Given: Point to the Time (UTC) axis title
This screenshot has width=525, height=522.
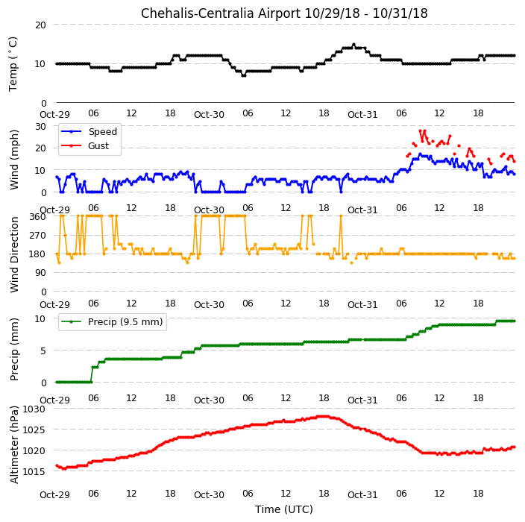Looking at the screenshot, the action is (284, 509).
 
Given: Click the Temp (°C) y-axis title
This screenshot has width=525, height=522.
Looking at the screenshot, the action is (13, 64).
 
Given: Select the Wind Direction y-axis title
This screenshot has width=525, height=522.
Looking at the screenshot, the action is (14, 254).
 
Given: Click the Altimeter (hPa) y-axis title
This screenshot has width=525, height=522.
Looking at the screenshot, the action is (13, 444).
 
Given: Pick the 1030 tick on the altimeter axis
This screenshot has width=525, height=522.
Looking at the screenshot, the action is (34, 409).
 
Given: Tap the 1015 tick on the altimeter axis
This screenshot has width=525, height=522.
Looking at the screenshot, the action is (34, 471).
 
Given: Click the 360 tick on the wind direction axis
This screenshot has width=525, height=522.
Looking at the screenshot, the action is (37, 217).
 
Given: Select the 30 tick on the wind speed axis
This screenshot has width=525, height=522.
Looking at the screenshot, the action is (40, 127).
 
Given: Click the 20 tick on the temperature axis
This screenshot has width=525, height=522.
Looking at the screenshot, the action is (40, 25).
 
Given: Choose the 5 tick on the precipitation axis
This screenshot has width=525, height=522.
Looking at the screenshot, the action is (43, 351).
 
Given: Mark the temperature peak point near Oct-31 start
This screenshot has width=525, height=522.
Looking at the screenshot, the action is (353, 45).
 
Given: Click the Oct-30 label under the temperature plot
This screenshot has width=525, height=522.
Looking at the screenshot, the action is (209, 115).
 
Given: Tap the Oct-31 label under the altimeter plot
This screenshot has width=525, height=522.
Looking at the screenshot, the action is (362, 495).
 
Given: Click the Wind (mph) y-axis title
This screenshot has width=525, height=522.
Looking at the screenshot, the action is (14, 160).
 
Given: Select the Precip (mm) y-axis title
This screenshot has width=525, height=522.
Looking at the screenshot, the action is (14, 349).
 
